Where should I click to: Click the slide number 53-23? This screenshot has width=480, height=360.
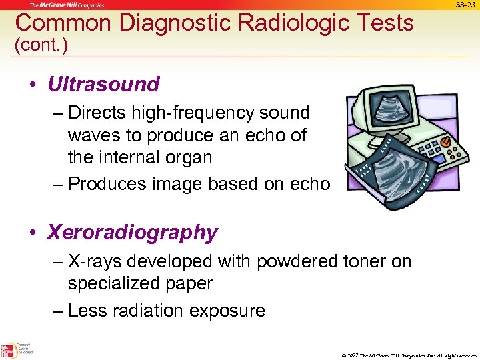(466, 5)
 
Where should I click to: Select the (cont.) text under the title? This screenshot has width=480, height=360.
(41, 45)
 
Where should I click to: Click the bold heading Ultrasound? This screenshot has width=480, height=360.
(103, 85)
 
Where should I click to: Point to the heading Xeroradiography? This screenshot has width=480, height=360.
(132, 233)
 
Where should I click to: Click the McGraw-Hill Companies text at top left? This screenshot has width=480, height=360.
(65, 5)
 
